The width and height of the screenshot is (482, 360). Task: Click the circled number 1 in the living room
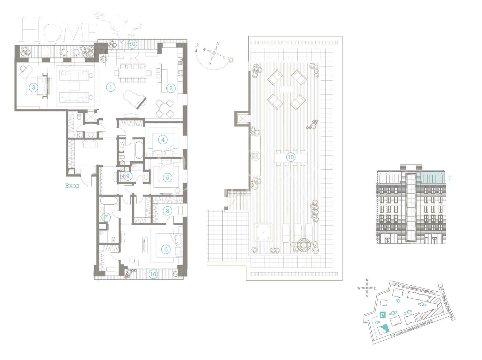(x=110, y=87)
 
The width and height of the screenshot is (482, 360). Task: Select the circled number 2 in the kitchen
(x=171, y=88)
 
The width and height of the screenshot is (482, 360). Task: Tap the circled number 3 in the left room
(x=34, y=88)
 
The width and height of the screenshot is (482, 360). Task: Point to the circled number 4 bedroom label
(x=163, y=140)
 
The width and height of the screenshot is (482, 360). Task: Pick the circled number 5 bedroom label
(x=167, y=177)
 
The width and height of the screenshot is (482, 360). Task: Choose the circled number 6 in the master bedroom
(x=166, y=249)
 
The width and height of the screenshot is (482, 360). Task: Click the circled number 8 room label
(x=167, y=211)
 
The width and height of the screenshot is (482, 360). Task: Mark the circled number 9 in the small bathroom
(x=127, y=176)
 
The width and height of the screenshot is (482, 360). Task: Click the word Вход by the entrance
(x=72, y=186)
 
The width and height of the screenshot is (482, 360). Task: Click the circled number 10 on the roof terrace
(x=290, y=157)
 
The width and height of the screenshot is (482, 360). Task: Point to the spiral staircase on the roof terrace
(x=304, y=245)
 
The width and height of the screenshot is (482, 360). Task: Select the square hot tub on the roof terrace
(x=264, y=232)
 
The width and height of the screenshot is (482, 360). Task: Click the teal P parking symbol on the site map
(x=382, y=315)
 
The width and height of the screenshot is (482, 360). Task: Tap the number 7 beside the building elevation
(x=450, y=178)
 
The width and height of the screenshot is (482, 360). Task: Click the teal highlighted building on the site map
(x=384, y=329)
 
